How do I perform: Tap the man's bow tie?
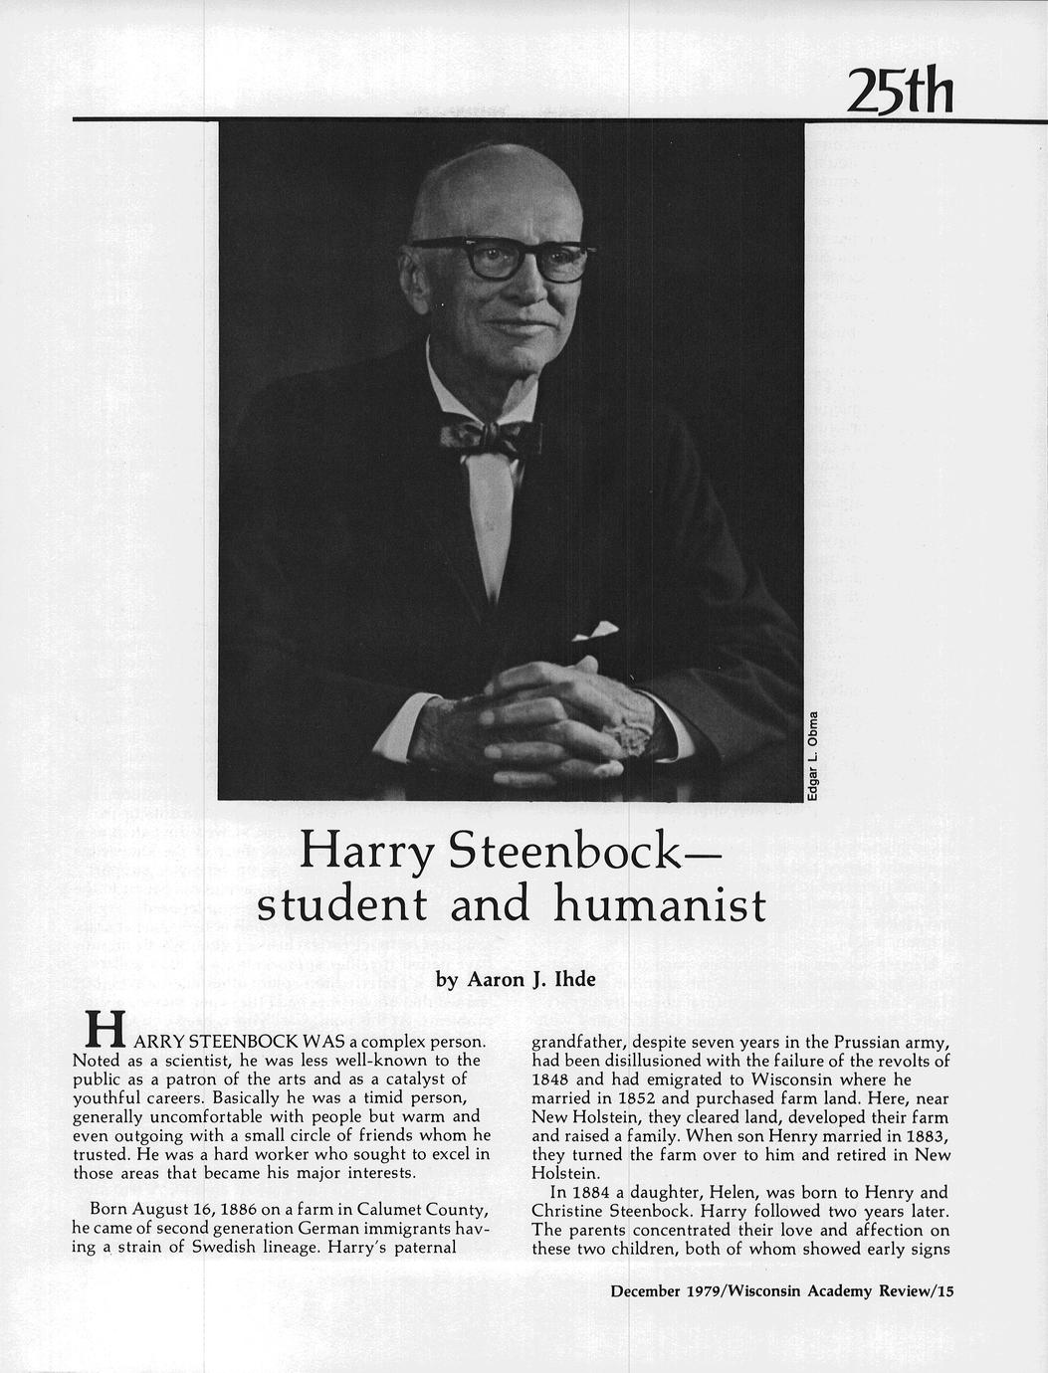490,436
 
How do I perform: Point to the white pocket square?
595,630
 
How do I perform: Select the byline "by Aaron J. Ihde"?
517,980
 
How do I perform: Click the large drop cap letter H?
105,1030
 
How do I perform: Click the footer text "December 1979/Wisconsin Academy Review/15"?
782,1291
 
